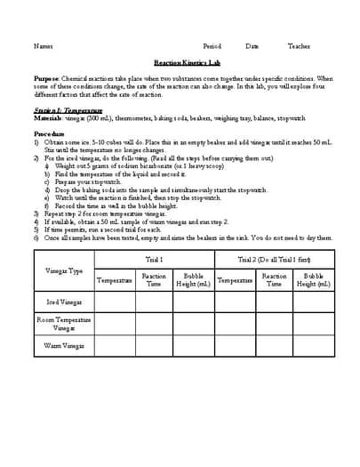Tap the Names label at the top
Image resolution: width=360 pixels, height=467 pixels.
[43, 46]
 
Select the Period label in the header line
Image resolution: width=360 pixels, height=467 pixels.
[212, 46]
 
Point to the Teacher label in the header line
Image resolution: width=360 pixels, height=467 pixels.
[299, 46]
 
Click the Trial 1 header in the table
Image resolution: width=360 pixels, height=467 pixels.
[154, 259]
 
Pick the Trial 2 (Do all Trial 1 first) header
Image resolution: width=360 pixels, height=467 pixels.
[275, 259]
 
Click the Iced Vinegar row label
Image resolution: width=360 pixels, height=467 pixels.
[63, 302]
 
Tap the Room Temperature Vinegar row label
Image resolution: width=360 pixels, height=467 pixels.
[63, 322]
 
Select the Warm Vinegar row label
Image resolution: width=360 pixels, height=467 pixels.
[63, 344]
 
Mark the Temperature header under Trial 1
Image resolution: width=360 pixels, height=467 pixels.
[115, 280]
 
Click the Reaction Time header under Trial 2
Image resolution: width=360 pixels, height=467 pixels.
[275, 280]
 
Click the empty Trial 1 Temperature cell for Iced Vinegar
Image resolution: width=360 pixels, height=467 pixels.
[115, 302]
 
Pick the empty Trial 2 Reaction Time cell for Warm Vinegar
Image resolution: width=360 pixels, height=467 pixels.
[275, 344]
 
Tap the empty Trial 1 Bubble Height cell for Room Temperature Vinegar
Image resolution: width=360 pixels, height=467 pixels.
[194, 322]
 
